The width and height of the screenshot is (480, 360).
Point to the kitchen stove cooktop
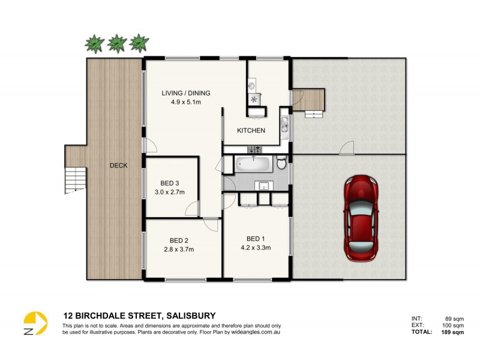coord(253,99)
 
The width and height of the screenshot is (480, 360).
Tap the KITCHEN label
coord(250,131)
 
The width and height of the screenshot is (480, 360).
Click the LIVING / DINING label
coord(185,93)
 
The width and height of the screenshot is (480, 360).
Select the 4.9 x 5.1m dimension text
coord(185,102)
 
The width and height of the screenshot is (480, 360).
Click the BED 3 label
coord(169,183)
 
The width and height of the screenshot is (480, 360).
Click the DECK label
coord(118,166)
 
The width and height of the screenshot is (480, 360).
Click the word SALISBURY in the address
coord(187,315)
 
